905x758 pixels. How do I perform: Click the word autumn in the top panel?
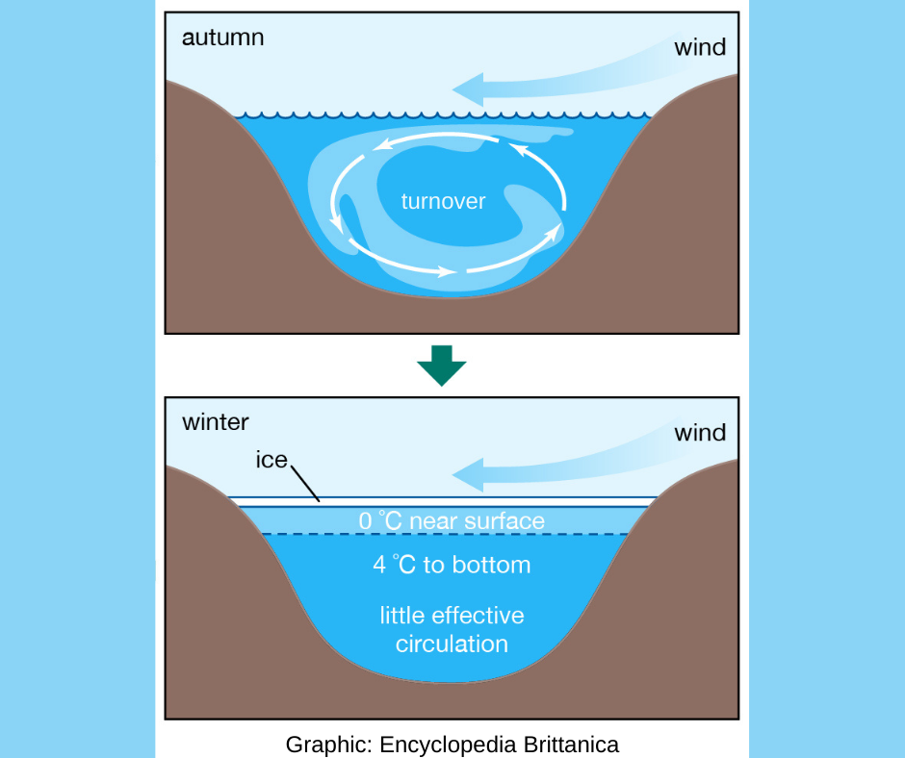(x=222, y=38)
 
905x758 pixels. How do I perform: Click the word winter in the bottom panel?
(x=216, y=422)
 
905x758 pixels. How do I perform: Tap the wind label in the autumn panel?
(x=700, y=47)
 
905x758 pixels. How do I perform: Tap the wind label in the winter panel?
(x=700, y=432)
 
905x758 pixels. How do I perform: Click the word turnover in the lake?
(x=443, y=202)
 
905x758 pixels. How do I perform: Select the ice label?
(x=271, y=460)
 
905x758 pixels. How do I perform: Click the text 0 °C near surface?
(x=452, y=521)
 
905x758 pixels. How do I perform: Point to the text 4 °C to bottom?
(x=452, y=565)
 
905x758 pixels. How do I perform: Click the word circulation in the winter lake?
(x=452, y=643)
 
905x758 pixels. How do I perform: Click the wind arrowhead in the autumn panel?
(x=468, y=90)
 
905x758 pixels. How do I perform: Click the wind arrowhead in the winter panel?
(x=468, y=475)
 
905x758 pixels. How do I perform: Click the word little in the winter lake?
(x=401, y=615)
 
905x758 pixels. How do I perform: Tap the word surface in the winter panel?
(x=504, y=521)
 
